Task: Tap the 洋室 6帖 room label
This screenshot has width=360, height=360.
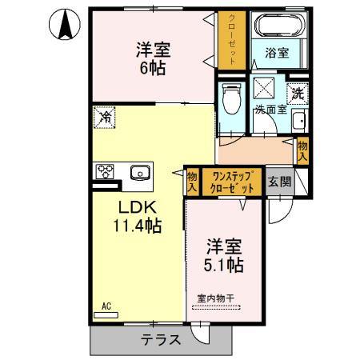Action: (x=153, y=58)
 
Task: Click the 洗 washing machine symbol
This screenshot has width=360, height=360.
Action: (x=296, y=92)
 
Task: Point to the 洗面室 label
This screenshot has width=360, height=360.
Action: (x=270, y=110)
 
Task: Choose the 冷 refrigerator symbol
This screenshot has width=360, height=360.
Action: (x=105, y=117)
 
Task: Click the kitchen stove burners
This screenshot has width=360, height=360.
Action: (x=106, y=170)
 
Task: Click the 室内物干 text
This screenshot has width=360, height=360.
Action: (x=216, y=298)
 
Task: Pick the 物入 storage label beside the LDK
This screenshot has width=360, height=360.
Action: (x=192, y=181)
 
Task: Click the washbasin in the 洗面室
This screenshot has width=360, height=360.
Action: (x=298, y=122)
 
